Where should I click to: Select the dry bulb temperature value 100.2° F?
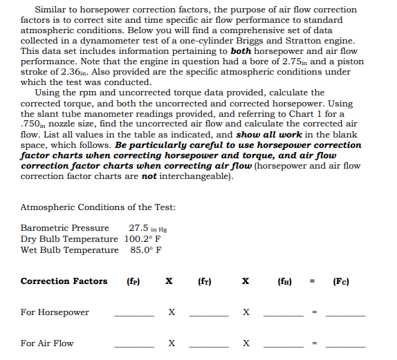pos(143,238)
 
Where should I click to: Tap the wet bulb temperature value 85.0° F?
pos(146,249)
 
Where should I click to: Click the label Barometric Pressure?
pos(64,227)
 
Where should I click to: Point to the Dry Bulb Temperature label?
pos(69,238)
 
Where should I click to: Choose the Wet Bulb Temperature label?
pos(69,249)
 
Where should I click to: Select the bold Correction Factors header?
pos(64,281)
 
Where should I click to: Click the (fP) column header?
pos(134,281)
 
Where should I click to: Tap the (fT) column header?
pos(204,281)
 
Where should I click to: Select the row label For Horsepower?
pos(55,312)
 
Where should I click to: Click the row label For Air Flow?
pos(47,343)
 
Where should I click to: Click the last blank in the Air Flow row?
pos(345,345)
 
